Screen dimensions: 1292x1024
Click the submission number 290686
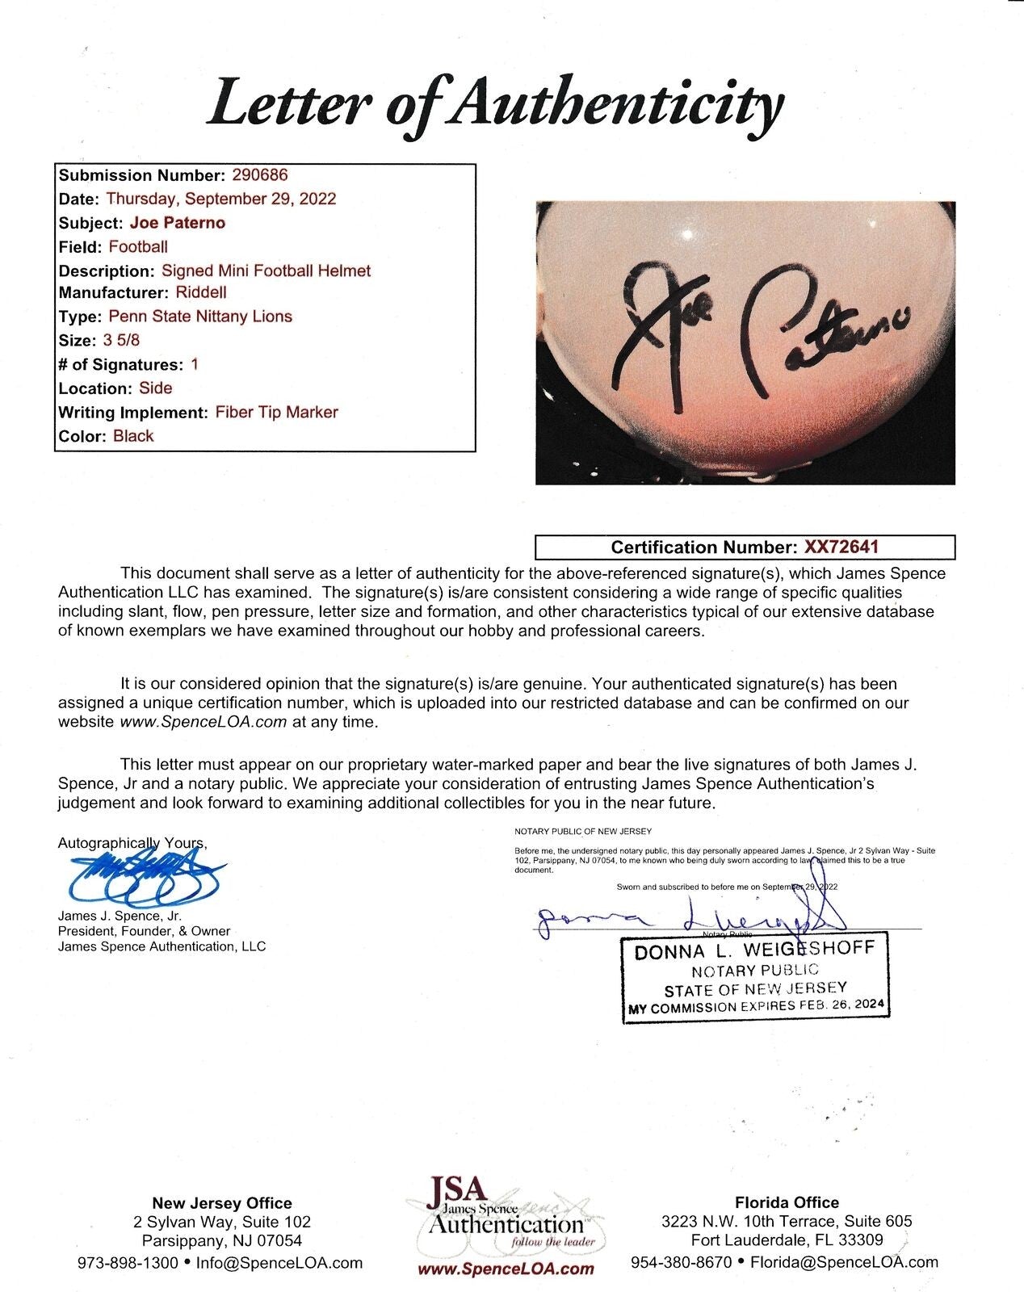click(x=259, y=175)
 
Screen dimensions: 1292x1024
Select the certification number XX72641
click(x=841, y=547)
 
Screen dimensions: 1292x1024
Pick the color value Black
click(x=133, y=436)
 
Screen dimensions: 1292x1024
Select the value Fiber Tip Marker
click(x=276, y=412)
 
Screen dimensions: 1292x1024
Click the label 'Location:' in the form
click(x=94, y=388)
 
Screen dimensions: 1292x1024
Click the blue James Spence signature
click(x=145, y=878)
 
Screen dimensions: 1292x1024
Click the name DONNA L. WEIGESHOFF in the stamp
click(x=754, y=950)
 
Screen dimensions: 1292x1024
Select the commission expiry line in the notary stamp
click(x=756, y=1007)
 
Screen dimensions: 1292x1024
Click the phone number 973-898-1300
click(x=128, y=1263)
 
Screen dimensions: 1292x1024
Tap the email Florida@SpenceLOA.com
click(x=844, y=1262)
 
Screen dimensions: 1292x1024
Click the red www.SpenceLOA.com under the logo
click(x=506, y=1269)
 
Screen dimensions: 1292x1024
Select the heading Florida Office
click(x=787, y=1202)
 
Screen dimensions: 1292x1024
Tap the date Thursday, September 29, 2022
click(x=220, y=199)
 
